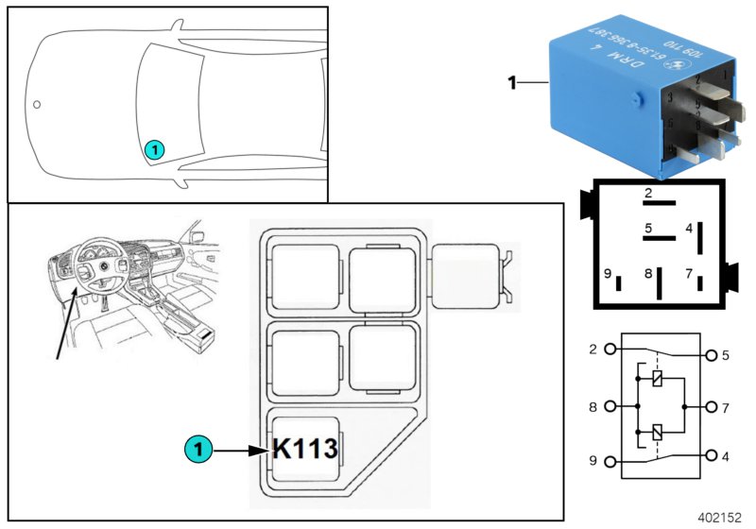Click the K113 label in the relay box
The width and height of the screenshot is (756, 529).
pyautogui.click(x=305, y=448)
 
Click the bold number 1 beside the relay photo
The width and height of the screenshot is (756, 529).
pyautogui.click(x=511, y=83)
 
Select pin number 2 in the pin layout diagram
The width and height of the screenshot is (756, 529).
pyautogui.click(x=647, y=194)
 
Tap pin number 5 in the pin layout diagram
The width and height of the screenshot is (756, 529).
pyautogui.click(x=648, y=228)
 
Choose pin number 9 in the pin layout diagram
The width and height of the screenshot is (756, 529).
pyautogui.click(x=608, y=275)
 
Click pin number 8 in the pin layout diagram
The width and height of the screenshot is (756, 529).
pyautogui.click(x=648, y=275)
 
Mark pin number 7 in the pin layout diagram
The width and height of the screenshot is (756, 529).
pyautogui.click(x=689, y=275)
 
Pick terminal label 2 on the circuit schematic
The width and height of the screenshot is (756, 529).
pyautogui.click(x=593, y=350)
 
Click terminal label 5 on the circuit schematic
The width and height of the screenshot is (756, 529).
pyautogui.click(x=726, y=356)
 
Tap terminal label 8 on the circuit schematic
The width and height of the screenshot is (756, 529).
pyautogui.click(x=593, y=408)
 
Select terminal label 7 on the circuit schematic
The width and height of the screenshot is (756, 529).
pyautogui.click(x=726, y=408)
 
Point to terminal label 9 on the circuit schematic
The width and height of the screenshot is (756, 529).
pyautogui.click(x=593, y=462)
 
